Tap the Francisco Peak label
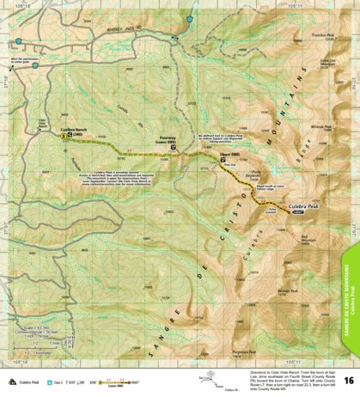pos(321,35)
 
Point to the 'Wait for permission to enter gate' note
pos(22,61)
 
